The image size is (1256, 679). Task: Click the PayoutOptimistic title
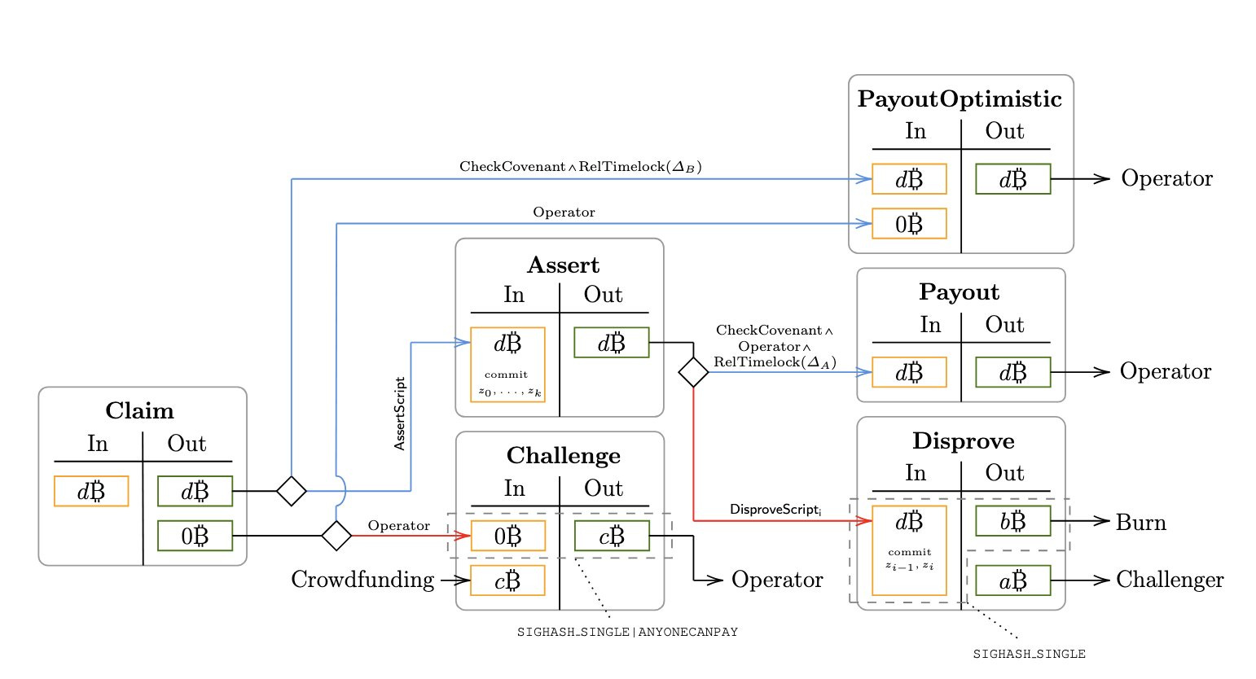tap(960, 99)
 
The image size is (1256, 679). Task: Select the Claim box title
tap(139, 410)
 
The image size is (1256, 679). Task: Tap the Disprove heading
tap(964, 441)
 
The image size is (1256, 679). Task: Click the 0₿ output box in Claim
tap(195, 536)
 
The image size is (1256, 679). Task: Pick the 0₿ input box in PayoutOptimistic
tap(909, 224)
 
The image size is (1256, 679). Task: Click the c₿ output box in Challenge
tap(612, 536)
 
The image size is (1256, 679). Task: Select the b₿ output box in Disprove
tap(1012, 521)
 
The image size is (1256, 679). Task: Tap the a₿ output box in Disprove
tap(1012, 580)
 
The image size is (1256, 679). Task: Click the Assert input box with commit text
tap(507, 365)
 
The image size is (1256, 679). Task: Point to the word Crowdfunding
tap(362, 580)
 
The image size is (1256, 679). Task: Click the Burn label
tap(1140, 522)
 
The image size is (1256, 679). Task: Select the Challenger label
tap(1170, 580)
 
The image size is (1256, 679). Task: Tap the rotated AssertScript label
tap(399, 414)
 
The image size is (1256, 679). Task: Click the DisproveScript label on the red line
tap(775, 510)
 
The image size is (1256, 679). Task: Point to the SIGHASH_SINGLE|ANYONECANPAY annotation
tap(627, 632)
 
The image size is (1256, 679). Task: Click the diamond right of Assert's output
tap(693, 372)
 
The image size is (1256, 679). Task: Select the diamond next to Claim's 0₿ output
tap(336, 536)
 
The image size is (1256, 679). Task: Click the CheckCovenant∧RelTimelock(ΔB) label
tap(580, 166)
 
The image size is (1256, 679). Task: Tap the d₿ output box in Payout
tap(1012, 372)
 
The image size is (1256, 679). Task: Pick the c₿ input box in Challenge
tap(507, 580)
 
